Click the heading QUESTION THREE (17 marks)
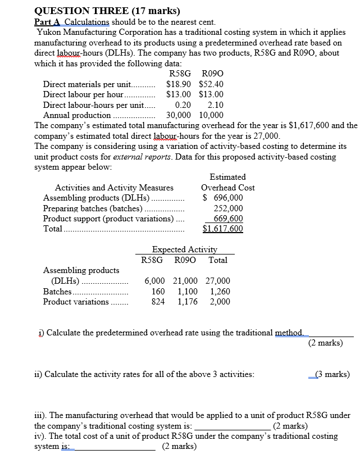pos(107,10)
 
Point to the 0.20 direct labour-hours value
pos(183,104)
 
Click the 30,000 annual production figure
pos(179,115)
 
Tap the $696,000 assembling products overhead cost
pos(224,198)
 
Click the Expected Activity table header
pos(185,249)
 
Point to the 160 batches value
pos(158,291)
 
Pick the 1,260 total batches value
pos(218,291)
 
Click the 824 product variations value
pos(158,302)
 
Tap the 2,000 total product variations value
pos(218,302)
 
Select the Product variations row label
pos(76,302)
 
